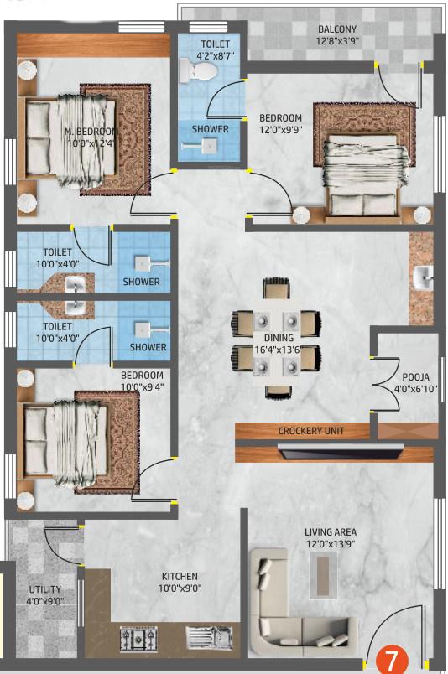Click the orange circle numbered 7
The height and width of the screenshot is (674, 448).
[x=392, y=659]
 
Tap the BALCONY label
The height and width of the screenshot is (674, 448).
[x=337, y=29]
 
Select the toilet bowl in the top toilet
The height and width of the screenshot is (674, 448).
[x=197, y=70]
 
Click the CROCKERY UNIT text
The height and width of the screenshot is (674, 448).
[x=311, y=431]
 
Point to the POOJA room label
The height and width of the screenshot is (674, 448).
[x=416, y=377]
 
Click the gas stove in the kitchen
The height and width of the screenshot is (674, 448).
[x=138, y=638]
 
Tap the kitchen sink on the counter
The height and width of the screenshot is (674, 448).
[x=209, y=637]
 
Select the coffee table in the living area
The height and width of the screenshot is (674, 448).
[x=323, y=576]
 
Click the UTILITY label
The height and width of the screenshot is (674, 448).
[x=44, y=589]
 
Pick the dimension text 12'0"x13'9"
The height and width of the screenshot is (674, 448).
[x=331, y=544]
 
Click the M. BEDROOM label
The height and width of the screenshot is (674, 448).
[x=91, y=131]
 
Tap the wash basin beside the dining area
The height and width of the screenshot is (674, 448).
[x=423, y=277]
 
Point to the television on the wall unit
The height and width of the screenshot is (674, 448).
[x=341, y=452]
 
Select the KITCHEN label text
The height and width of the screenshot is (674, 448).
[x=180, y=577]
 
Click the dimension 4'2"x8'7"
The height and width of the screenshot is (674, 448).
[x=215, y=56]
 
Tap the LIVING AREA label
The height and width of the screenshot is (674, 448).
[x=331, y=532]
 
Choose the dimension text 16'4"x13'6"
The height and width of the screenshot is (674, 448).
[x=277, y=350]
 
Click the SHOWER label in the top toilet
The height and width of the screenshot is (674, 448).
[x=210, y=129]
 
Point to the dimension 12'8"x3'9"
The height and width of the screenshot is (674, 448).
[x=337, y=41]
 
